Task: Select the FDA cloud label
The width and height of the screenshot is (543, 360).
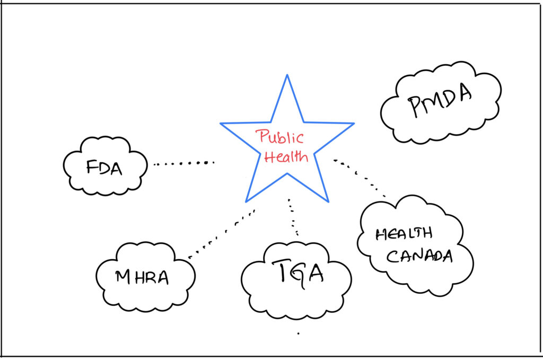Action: [x=104, y=169]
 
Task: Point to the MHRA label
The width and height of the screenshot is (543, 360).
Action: [x=142, y=277]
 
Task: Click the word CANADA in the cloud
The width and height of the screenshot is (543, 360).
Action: [x=419, y=257]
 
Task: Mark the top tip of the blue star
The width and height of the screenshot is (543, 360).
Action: [x=287, y=75]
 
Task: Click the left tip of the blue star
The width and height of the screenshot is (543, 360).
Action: [x=221, y=124]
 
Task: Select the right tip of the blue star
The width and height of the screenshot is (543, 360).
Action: [x=354, y=124]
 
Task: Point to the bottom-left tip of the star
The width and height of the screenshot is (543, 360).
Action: [x=246, y=201]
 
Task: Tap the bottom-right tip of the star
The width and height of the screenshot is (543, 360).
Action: [x=328, y=201]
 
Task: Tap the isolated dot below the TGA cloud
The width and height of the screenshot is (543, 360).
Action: [x=298, y=333]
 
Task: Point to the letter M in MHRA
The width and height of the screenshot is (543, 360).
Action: [x=123, y=276]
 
